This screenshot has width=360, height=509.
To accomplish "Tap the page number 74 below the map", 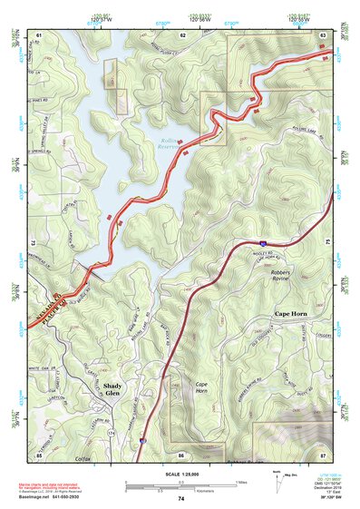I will point(181,499).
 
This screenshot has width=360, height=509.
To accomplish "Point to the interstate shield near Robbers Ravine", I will point(261,243).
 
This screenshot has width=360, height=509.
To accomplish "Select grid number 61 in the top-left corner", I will point(40,34).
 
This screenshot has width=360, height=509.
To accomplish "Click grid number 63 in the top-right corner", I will point(323,34).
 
